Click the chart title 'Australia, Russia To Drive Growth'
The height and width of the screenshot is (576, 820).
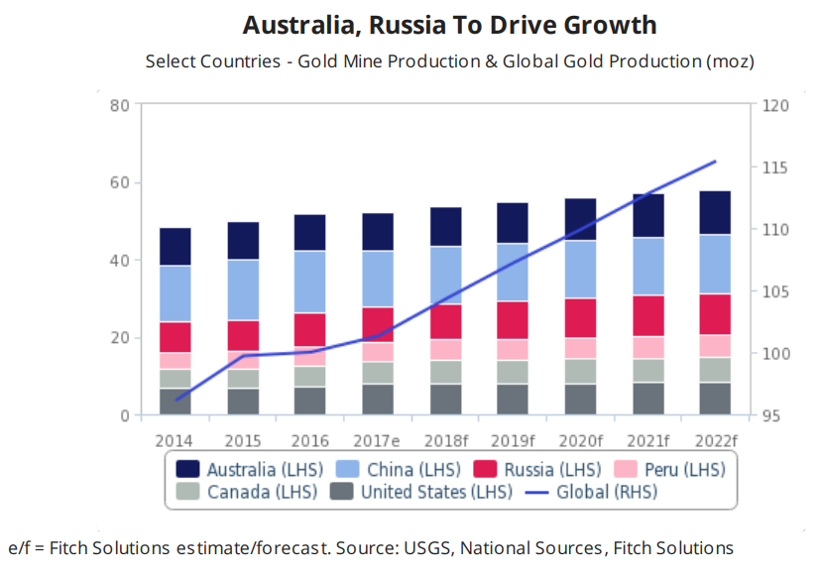(449, 24)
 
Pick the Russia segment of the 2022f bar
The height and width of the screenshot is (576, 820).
(715, 314)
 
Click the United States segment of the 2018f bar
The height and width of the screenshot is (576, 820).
(445, 399)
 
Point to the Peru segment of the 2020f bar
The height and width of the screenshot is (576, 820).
(580, 348)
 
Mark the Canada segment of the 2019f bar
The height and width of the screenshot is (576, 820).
(513, 372)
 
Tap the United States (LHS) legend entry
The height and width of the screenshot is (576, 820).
(420, 491)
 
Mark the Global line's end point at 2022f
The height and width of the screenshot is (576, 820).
(715, 161)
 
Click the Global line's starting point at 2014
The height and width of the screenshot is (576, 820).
(176, 401)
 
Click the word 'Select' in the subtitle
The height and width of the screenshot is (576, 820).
(171, 61)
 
